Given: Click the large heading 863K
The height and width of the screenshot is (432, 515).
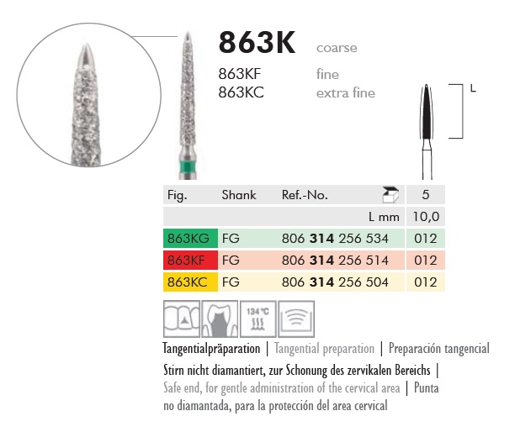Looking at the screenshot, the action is click(x=257, y=42).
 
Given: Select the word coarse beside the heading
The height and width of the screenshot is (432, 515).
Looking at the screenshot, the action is click(x=337, y=48).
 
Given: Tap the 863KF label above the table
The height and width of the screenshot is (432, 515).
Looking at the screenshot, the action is click(x=240, y=74).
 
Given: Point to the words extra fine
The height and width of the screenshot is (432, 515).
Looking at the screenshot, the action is click(x=346, y=93).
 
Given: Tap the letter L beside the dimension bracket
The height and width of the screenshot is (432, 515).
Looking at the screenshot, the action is click(x=473, y=88).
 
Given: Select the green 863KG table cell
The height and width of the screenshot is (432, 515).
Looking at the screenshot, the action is click(x=190, y=238).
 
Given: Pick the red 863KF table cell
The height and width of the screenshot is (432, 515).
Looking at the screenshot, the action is click(x=190, y=260).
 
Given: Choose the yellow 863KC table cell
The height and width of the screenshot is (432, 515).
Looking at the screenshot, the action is click(x=190, y=282).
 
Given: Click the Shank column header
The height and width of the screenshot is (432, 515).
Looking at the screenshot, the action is click(x=239, y=195).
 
